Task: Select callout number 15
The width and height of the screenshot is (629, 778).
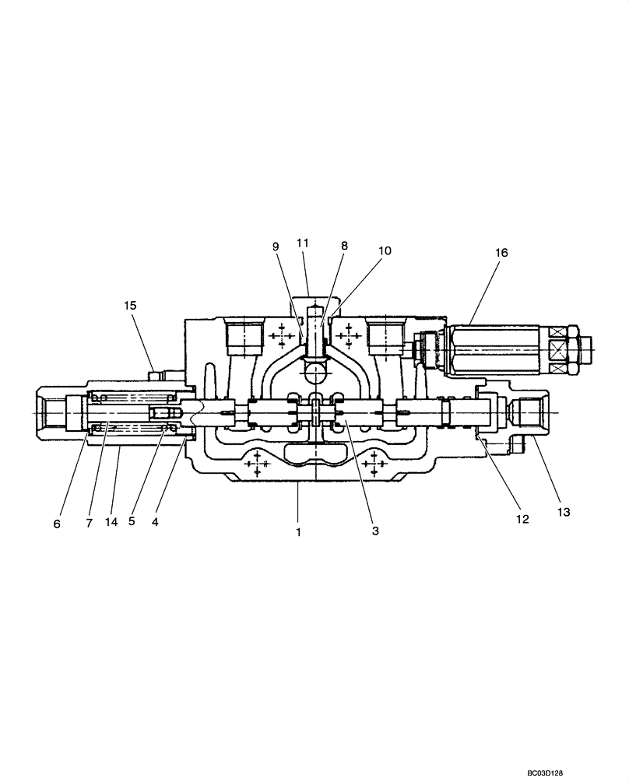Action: tap(129, 306)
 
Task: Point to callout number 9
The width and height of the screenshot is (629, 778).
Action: tap(275, 247)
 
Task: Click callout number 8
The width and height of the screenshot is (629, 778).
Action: tap(343, 244)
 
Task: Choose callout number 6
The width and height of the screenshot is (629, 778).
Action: tap(57, 524)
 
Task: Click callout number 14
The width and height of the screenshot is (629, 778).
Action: tap(111, 524)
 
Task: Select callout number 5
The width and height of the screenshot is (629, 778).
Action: tap(132, 521)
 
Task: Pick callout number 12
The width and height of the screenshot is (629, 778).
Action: tap(522, 519)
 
